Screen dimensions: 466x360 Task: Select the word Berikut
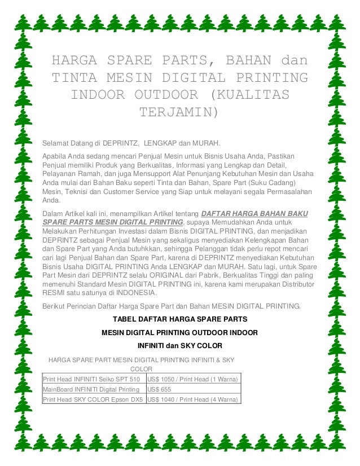[x=55, y=306]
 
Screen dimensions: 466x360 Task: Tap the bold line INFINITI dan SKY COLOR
[x=179, y=345]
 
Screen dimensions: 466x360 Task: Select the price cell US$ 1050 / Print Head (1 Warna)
[x=192, y=379]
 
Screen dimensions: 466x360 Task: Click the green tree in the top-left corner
[x=23, y=21]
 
